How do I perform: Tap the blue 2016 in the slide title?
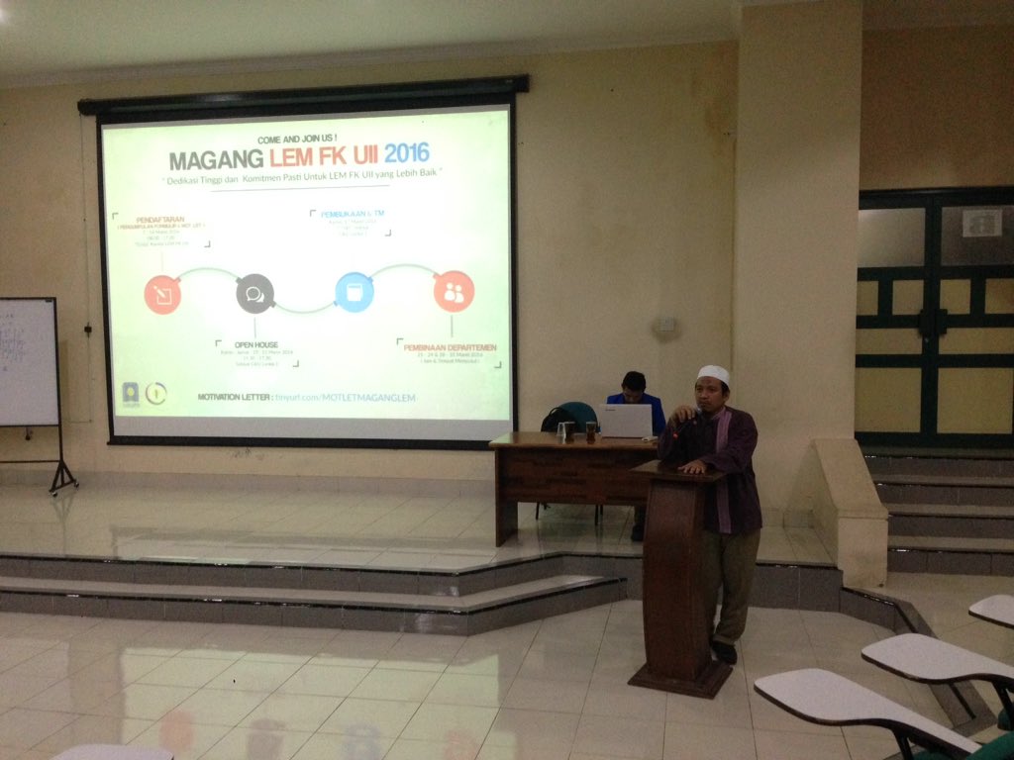coord(406,153)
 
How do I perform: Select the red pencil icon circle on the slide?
coord(162,294)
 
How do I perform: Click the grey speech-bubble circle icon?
coord(254,294)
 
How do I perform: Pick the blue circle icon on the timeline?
coord(354,292)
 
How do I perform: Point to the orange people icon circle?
coord(454,291)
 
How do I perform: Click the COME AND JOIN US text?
coord(297,139)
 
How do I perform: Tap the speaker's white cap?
coord(712,374)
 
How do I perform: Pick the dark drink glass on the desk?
coord(591,430)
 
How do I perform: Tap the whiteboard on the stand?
coord(28,361)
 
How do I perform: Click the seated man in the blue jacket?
coord(635,393)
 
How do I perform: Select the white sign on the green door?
coord(981,223)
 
